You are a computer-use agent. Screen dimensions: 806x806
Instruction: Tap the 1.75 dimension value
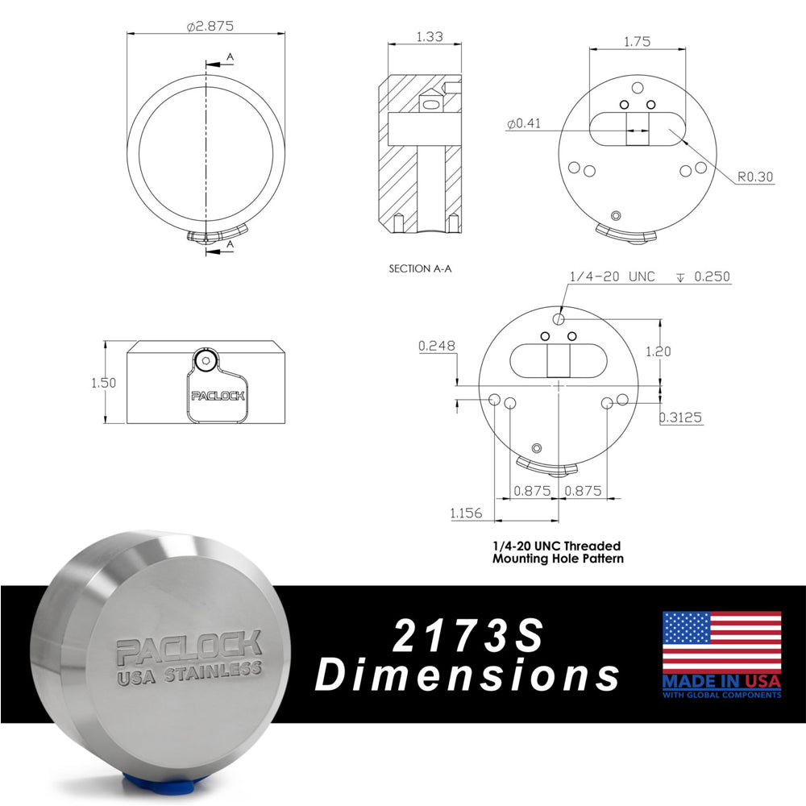pos(637,41)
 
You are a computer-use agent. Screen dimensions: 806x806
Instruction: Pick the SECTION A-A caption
pos(420,268)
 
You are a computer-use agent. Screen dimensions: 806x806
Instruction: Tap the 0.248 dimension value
pos(437,347)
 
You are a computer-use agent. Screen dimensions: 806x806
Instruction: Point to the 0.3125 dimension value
pos(681,417)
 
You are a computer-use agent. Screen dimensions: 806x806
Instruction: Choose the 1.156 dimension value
pos(467,512)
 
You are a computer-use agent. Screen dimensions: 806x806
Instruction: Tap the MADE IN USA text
pos(721,681)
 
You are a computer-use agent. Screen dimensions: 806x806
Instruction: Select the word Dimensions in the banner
pos(467,675)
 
